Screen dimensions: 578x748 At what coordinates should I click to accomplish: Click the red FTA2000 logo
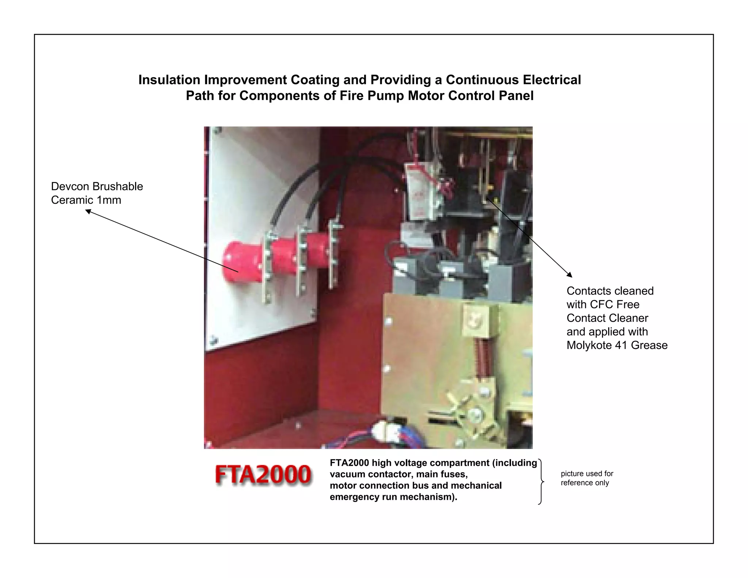tap(263, 475)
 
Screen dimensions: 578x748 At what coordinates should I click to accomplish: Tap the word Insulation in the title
tap(169, 80)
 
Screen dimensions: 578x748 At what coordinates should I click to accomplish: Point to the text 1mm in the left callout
tap(109, 200)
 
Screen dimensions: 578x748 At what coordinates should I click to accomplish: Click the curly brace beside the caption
tap(541, 482)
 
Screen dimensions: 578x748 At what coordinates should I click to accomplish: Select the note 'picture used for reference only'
tap(587, 478)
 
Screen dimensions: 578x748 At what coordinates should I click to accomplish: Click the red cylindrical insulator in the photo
tap(241, 262)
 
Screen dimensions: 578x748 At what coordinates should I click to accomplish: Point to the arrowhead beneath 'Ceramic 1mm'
tap(88, 211)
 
